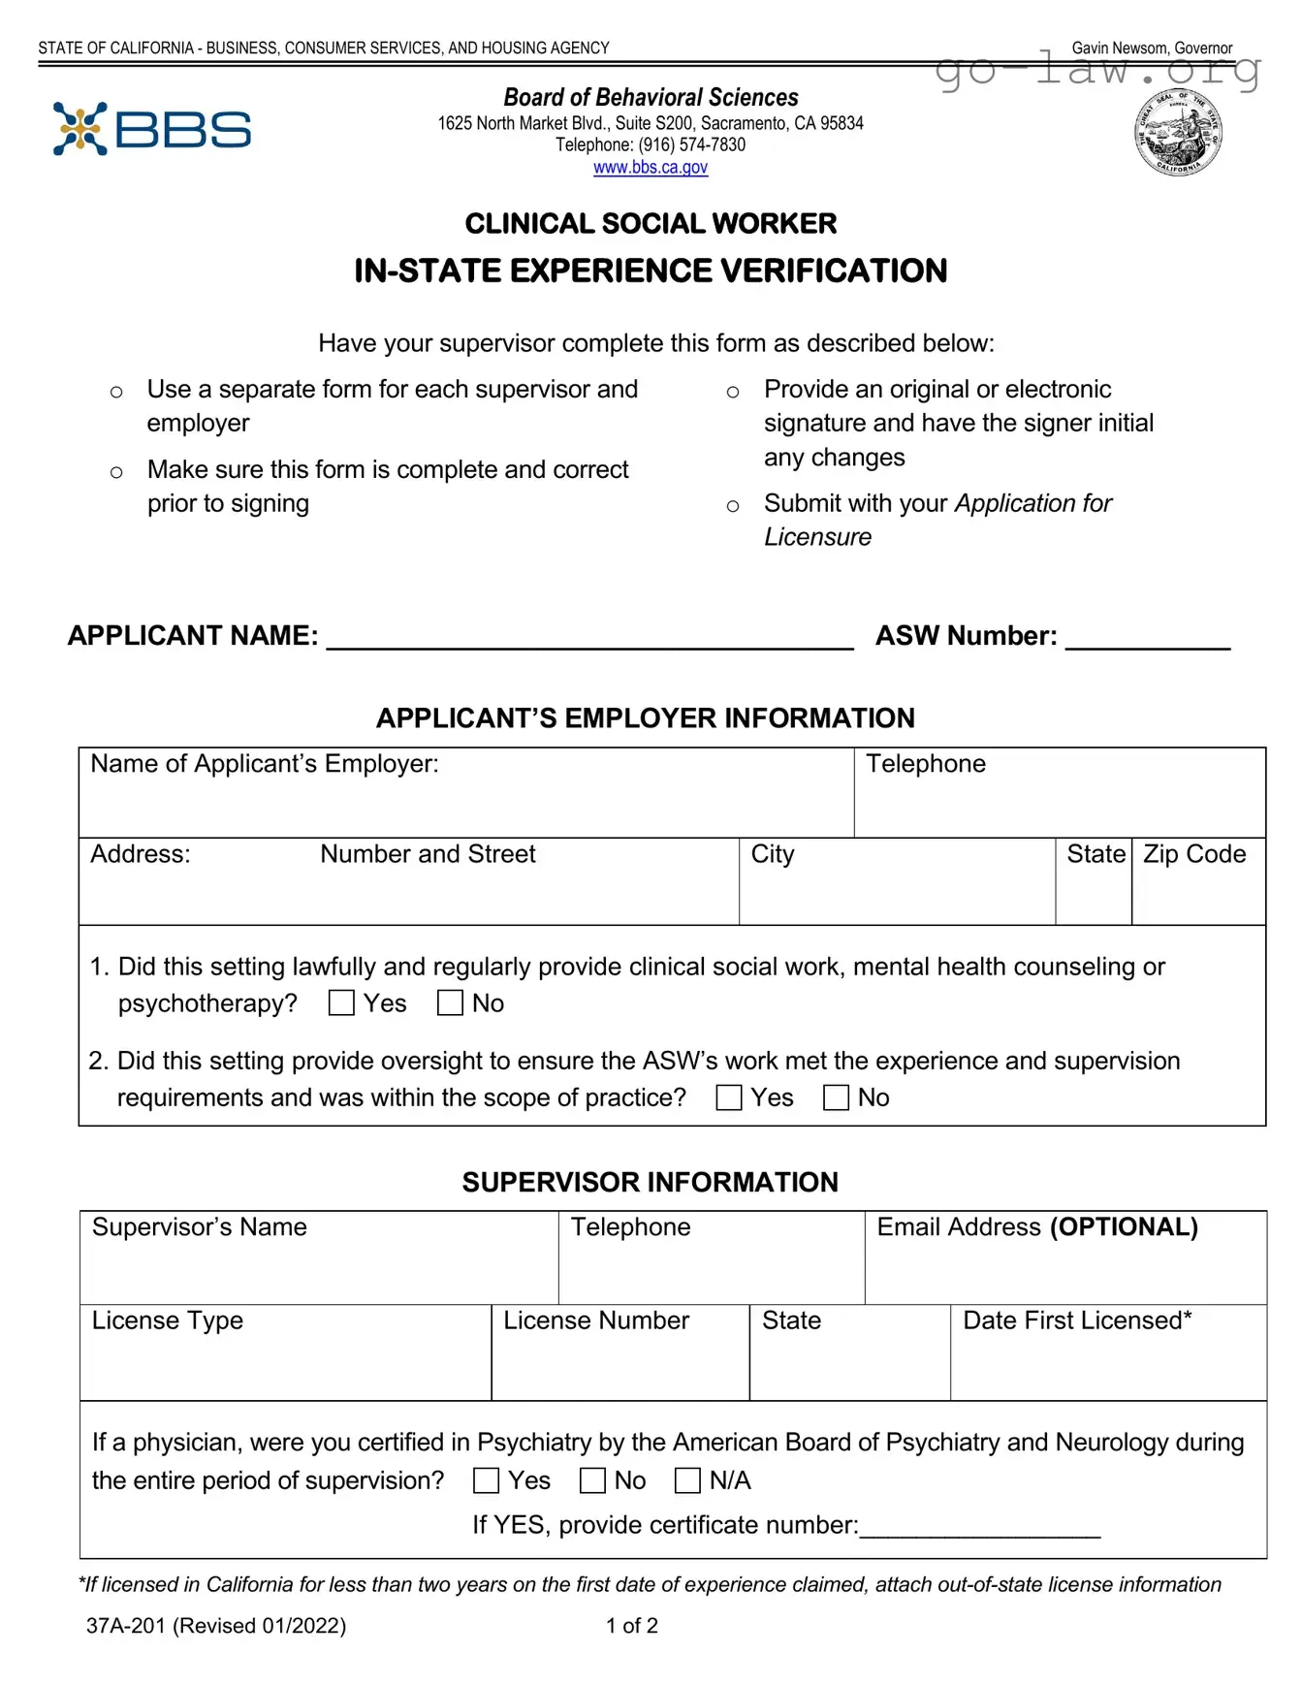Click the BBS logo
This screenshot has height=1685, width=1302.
click(152, 129)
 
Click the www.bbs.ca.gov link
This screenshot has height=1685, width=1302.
click(651, 167)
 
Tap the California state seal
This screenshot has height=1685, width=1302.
click(1178, 135)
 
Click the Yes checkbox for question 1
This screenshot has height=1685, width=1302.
click(341, 1002)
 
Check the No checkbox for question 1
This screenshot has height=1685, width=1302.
click(450, 1002)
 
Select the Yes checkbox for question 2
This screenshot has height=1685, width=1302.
click(729, 1097)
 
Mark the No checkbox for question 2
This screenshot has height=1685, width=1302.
click(836, 1097)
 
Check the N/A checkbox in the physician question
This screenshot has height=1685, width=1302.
click(687, 1480)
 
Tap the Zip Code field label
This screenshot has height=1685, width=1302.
click(1194, 854)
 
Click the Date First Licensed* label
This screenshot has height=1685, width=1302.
click(1077, 1320)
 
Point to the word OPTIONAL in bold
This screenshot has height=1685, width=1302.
click(1125, 1227)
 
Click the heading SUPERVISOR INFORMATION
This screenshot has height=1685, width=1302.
click(651, 1182)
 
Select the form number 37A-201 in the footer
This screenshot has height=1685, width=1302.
click(127, 1626)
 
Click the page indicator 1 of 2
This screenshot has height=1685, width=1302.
click(632, 1626)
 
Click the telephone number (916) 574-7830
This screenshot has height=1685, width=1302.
click(692, 145)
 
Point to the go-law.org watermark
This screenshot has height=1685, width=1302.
click(1098, 70)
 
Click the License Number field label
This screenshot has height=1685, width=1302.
click(596, 1320)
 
